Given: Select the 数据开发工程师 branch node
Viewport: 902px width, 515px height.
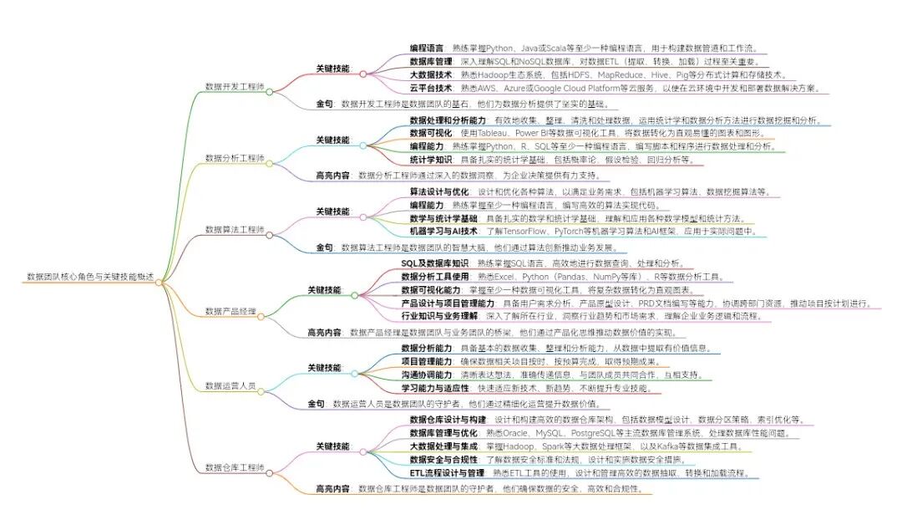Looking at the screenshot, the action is pyautogui.click(x=235, y=86).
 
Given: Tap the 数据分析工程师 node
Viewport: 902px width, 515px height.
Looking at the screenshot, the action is pyautogui.click(x=235, y=157).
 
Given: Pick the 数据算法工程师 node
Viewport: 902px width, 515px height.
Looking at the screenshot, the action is pyautogui.click(x=235, y=229).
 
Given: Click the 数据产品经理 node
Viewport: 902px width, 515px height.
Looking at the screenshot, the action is pyautogui.click(x=230, y=311).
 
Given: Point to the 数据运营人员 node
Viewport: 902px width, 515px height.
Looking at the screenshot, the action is pyautogui.click(x=230, y=385).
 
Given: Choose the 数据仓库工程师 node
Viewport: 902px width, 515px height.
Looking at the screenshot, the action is pyautogui.click(x=235, y=467).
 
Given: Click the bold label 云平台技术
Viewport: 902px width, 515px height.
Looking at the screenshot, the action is pyautogui.click(x=431, y=87).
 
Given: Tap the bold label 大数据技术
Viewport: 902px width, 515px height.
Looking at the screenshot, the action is pyautogui.click(x=431, y=74).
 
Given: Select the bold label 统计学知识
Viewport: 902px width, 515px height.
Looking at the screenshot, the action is pyautogui.click(x=431, y=159).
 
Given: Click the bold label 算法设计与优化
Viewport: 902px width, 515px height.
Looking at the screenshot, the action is pyautogui.click(x=438, y=191).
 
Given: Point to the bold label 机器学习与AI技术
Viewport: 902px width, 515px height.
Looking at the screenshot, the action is pyautogui.click(x=443, y=230).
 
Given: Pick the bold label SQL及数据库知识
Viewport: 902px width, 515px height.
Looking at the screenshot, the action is pyautogui.click(x=435, y=263).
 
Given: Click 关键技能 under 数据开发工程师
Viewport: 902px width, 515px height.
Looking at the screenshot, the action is pyautogui.click(x=332, y=68).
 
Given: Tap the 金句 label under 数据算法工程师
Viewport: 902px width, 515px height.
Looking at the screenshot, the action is pyautogui.click(x=324, y=247).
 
